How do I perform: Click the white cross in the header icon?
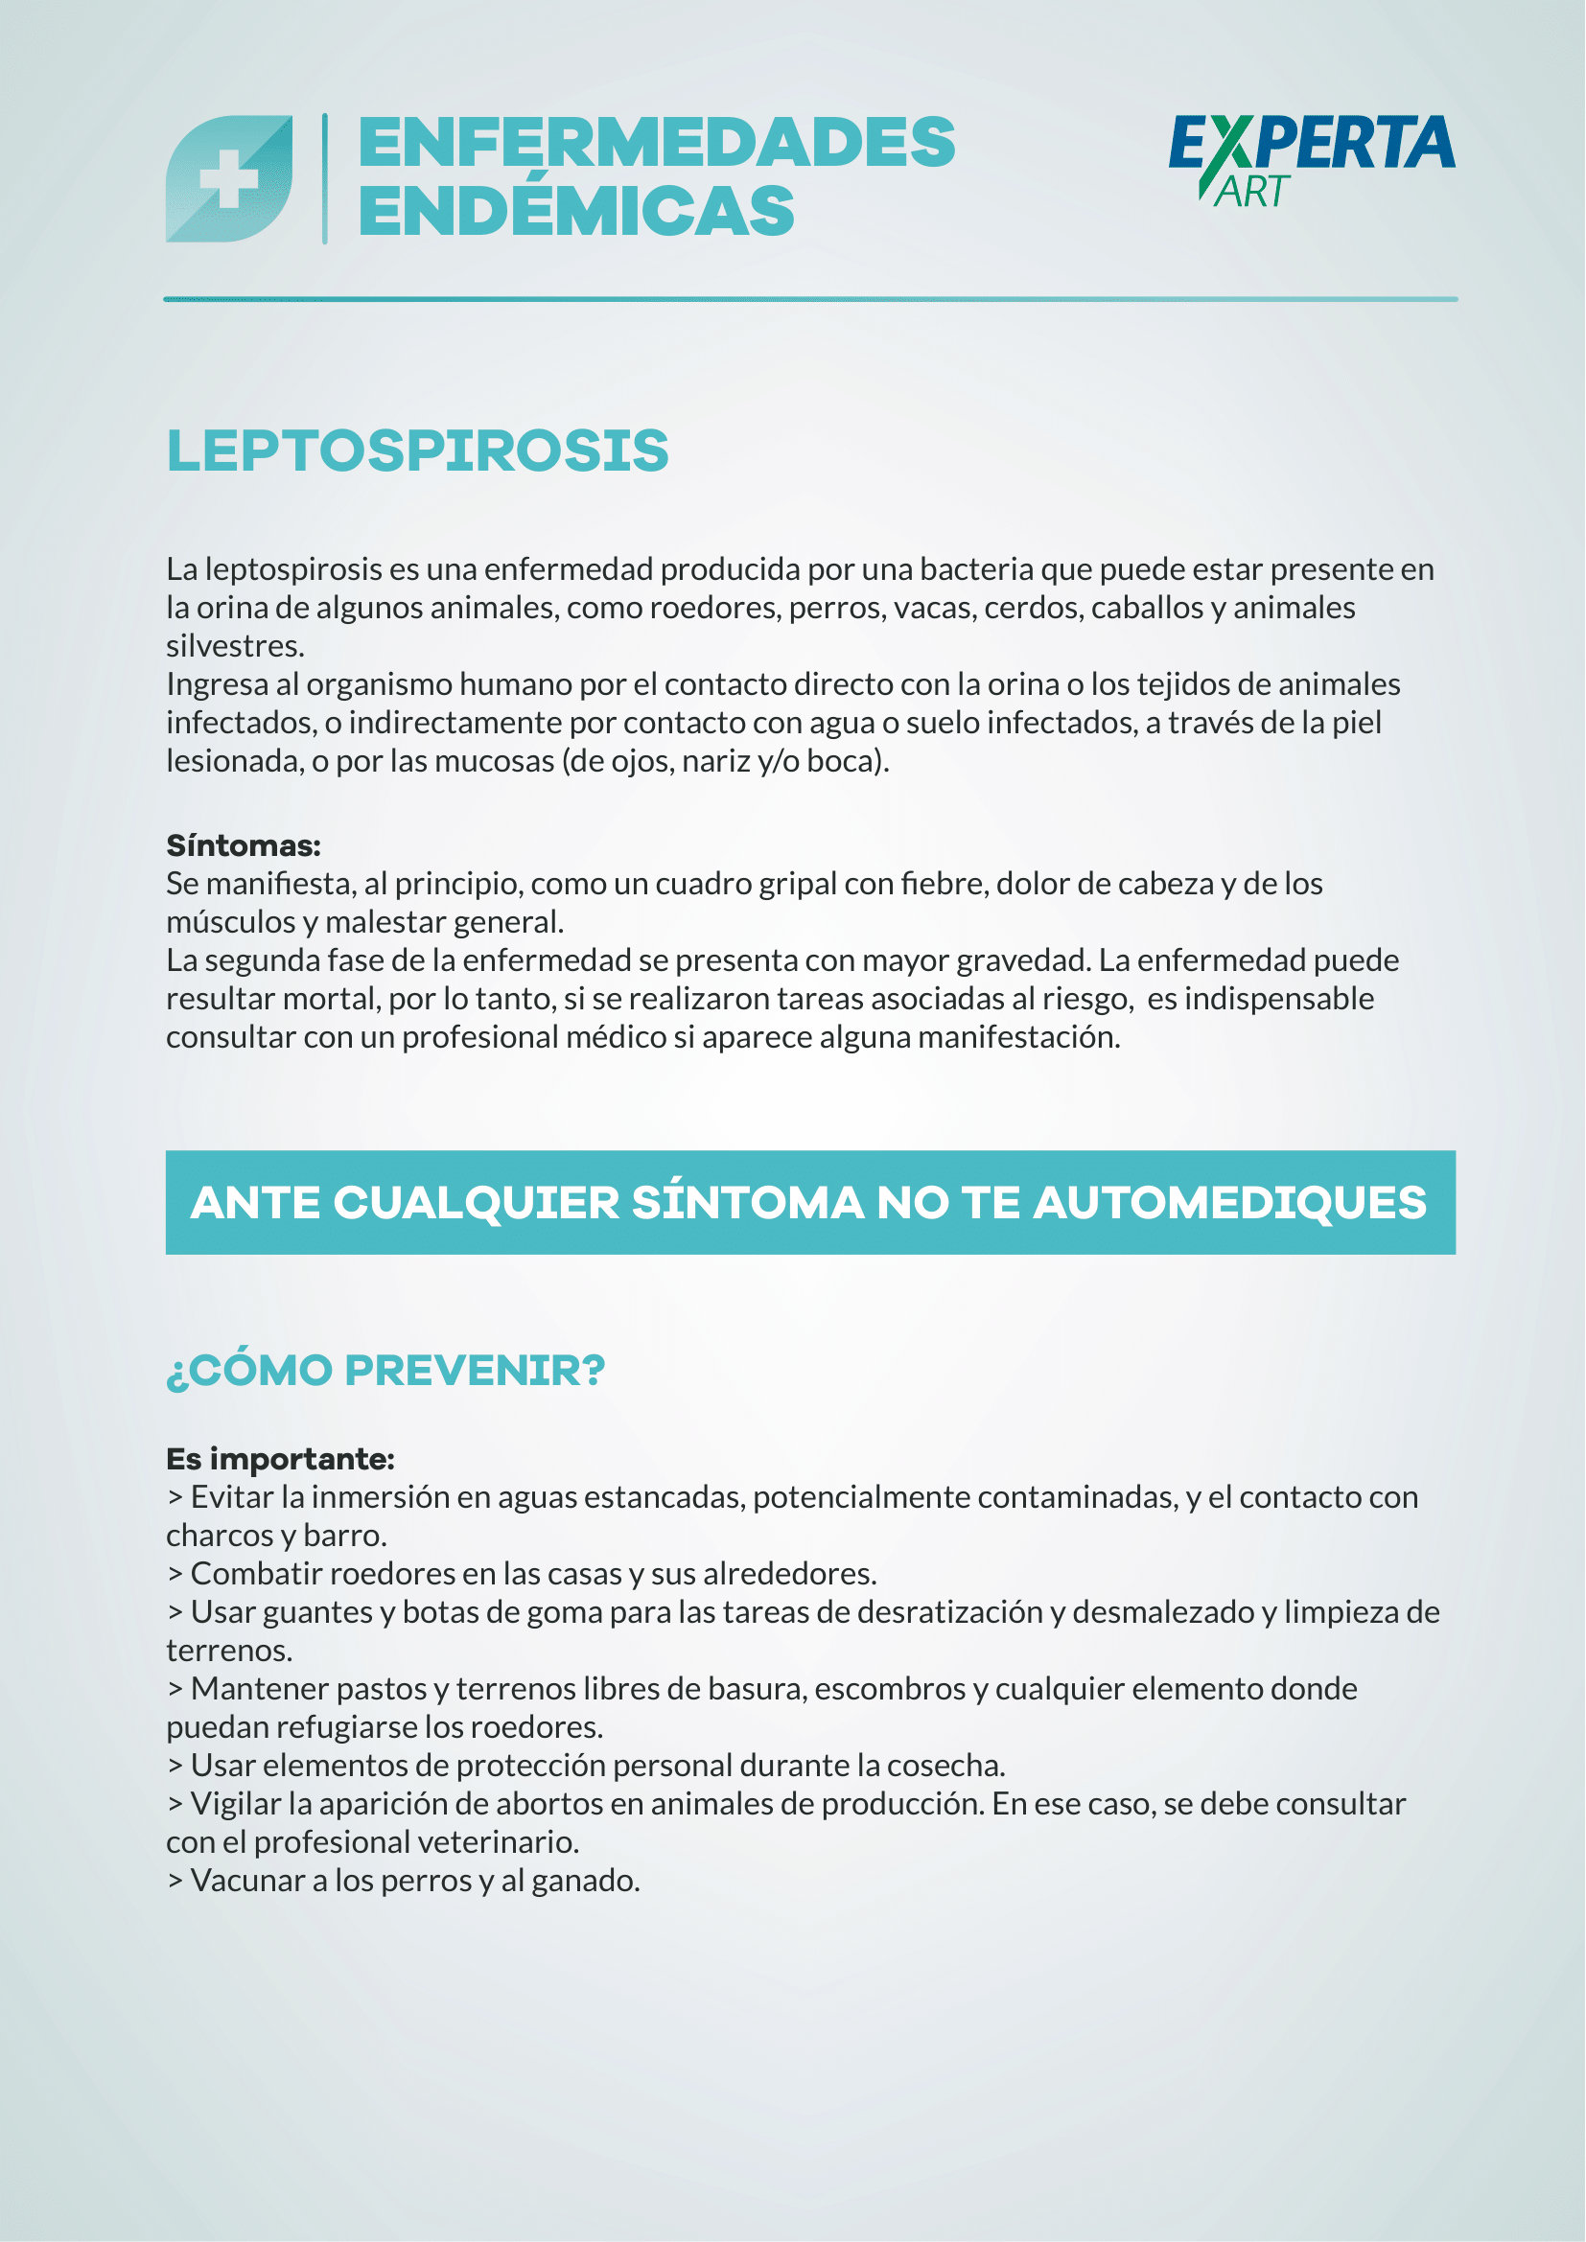pos(228,179)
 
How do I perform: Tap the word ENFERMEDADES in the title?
pos(656,143)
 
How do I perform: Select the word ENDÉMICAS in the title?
pos(576,211)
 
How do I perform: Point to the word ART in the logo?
pos(1253,193)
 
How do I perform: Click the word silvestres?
pos(234,645)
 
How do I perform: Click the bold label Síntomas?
pos(244,844)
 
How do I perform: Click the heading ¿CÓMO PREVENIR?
pos(385,1370)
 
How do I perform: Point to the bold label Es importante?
pos(280,1459)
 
